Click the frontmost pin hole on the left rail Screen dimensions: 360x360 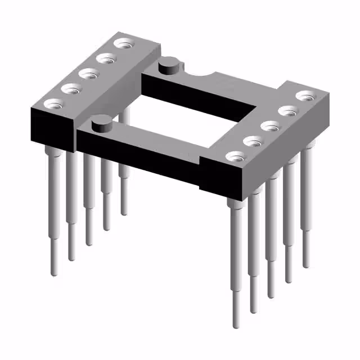55,103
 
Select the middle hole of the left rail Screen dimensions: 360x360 86,73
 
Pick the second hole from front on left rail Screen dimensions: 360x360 70,88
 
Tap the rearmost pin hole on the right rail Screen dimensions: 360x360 304,96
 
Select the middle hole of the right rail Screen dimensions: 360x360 270,125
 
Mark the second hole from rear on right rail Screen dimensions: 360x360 287,110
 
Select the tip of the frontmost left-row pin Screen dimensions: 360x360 55,272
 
